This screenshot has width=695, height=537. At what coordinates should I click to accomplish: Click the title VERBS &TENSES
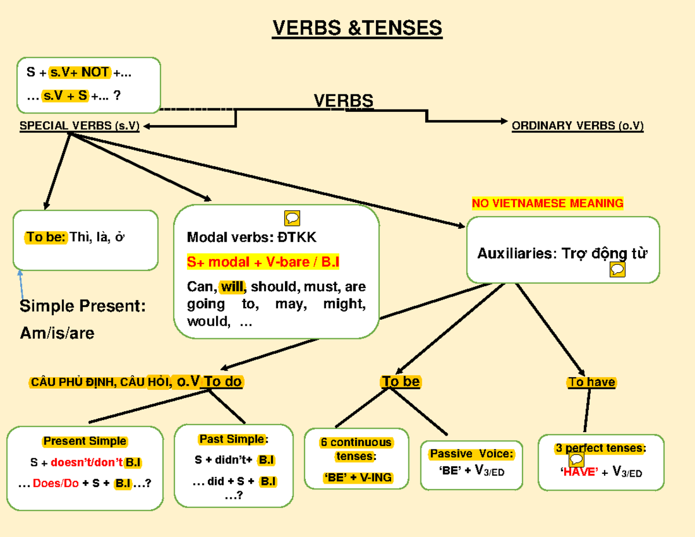click(x=357, y=27)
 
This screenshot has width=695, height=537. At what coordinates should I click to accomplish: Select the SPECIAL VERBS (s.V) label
click(x=79, y=126)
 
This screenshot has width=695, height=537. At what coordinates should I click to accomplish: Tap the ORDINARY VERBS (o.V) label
click(x=577, y=126)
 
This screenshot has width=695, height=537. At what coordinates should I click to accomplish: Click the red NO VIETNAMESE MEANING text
click(x=547, y=203)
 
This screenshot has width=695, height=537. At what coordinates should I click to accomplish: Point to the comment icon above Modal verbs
click(x=292, y=218)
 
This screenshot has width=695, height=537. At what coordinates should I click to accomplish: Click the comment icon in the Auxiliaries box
click(x=617, y=270)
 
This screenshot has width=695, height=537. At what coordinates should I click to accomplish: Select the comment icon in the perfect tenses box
click(x=576, y=460)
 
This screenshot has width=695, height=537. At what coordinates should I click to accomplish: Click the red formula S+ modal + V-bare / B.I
click(x=263, y=263)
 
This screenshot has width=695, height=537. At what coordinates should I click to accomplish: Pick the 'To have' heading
click(x=591, y=382)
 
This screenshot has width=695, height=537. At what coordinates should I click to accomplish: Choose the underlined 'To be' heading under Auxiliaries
click(x=401, y=382)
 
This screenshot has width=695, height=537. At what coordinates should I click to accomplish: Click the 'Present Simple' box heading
click(x=85, y=441)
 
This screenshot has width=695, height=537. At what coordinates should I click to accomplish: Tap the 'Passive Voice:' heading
click(x=471, y=454)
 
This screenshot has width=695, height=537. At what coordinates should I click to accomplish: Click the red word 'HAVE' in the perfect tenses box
click(x=579, y=472)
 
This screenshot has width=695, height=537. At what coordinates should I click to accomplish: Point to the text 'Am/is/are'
click(x=57, y=334)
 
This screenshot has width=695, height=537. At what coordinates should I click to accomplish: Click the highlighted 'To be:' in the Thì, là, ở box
click(x=46, y=238)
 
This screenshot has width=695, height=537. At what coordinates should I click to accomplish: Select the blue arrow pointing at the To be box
click(x=21, y=284)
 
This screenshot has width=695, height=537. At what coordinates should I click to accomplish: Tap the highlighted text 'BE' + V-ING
click(x=357, y=478)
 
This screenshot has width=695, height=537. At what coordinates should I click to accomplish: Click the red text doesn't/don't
click(x=87, y=463)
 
